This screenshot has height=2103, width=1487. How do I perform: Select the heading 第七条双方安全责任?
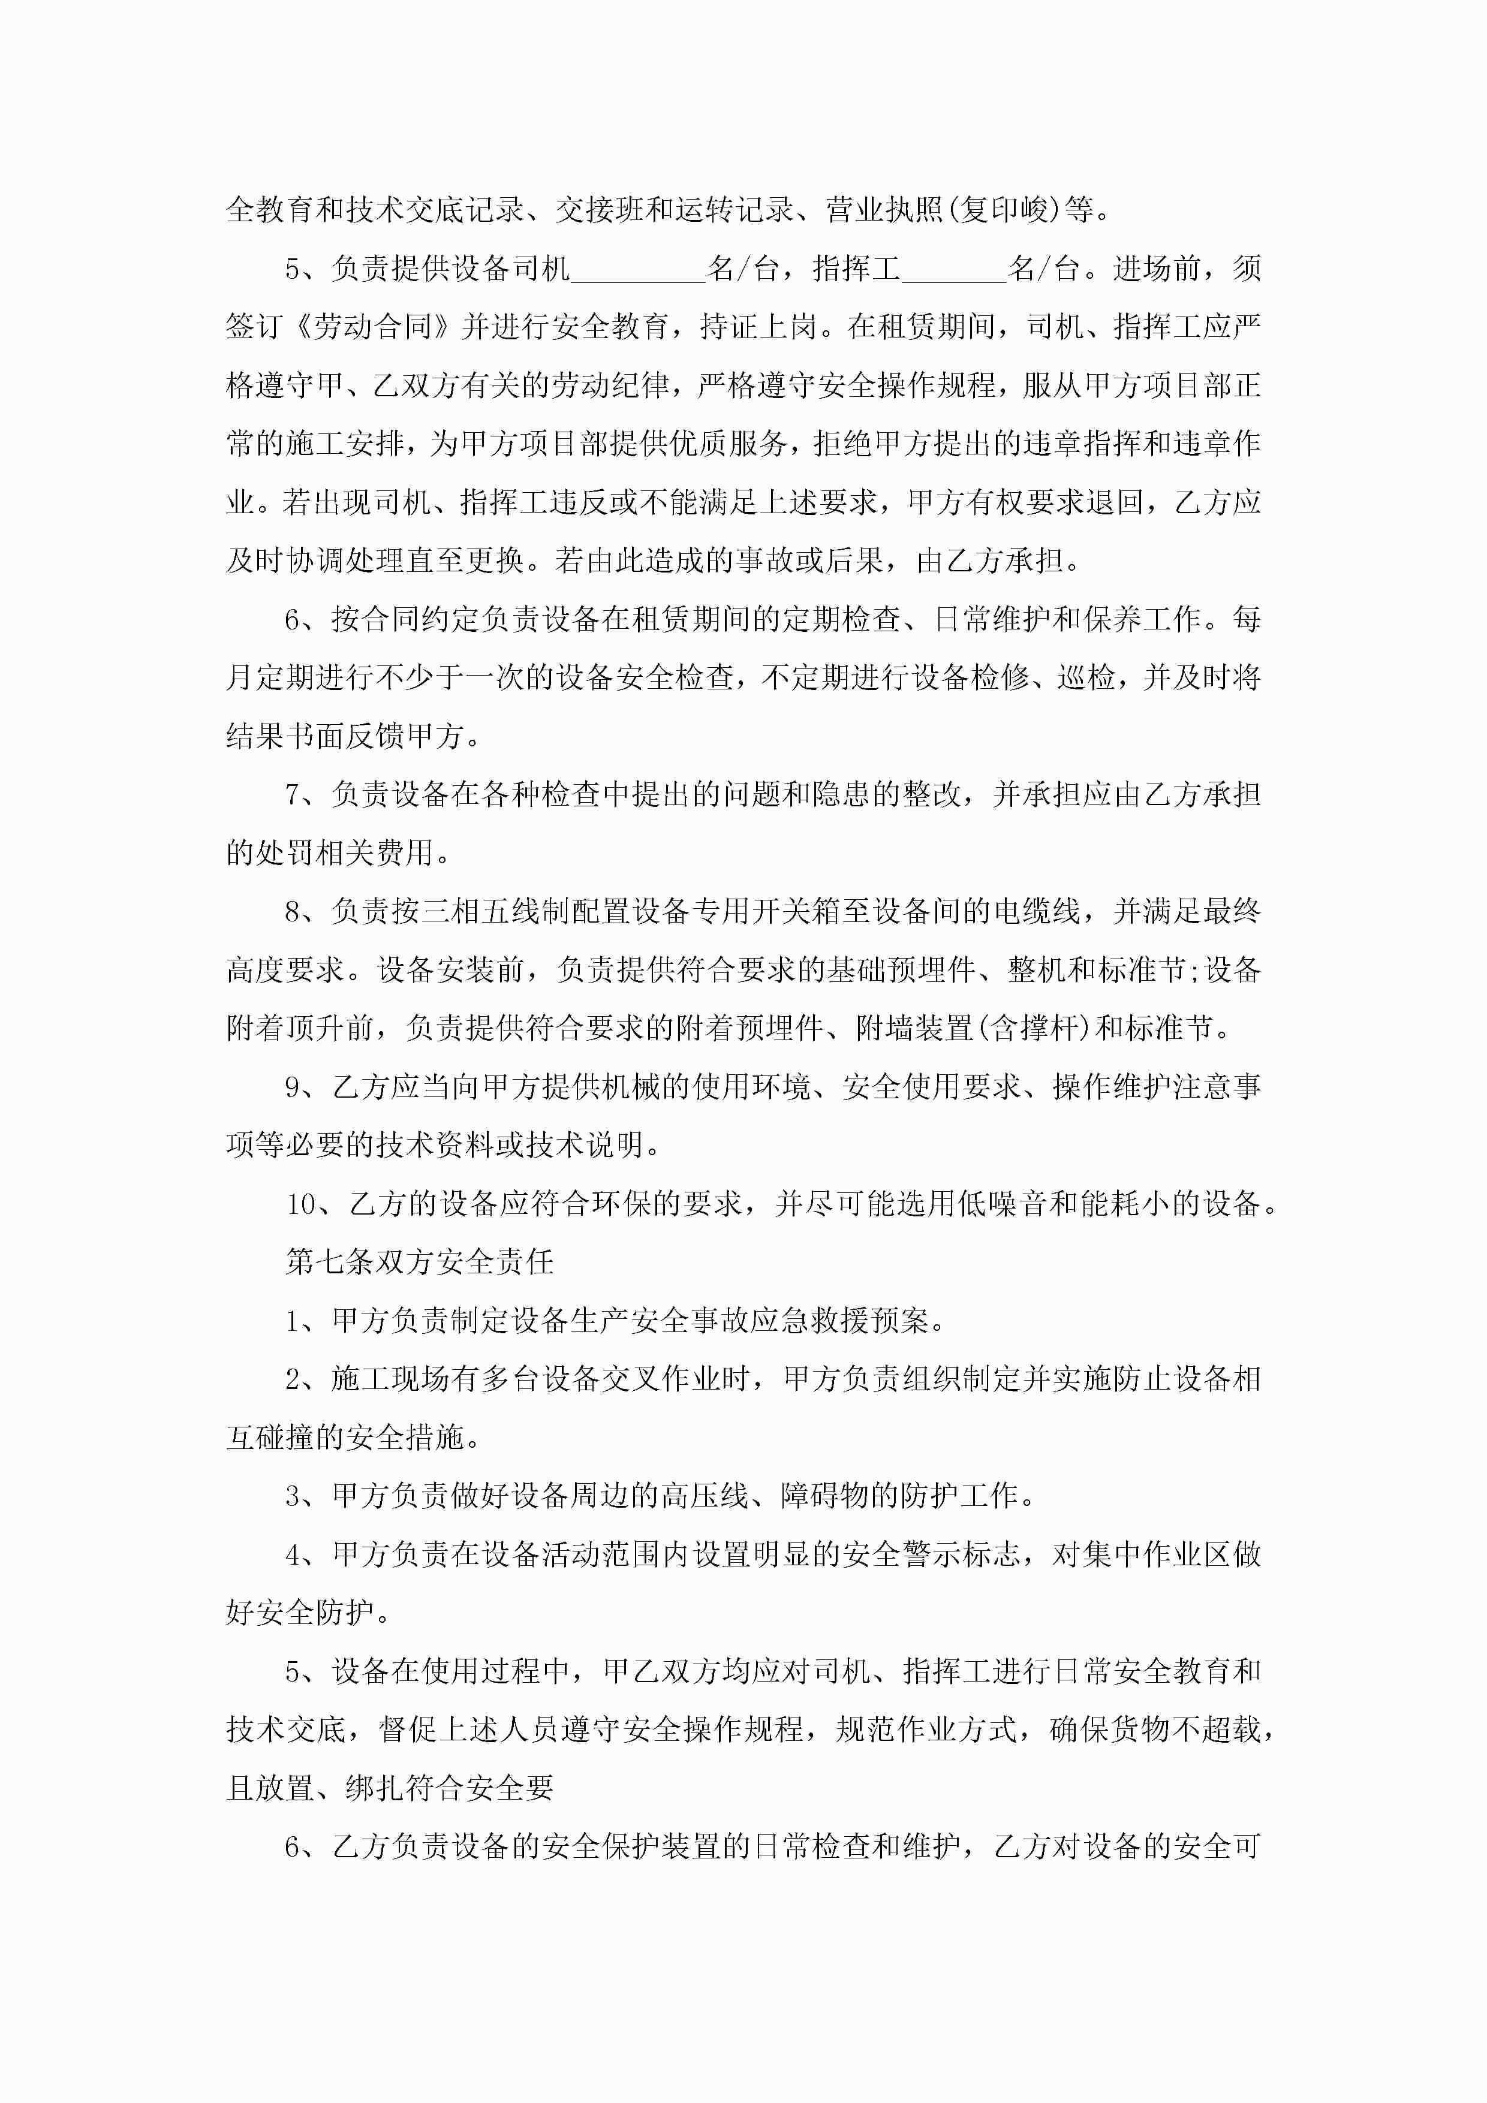[x=420, y=1262]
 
